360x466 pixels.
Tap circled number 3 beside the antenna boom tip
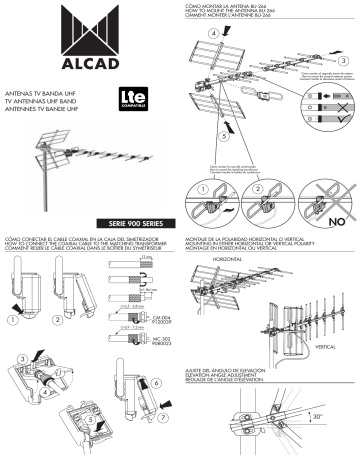point(343,62)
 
